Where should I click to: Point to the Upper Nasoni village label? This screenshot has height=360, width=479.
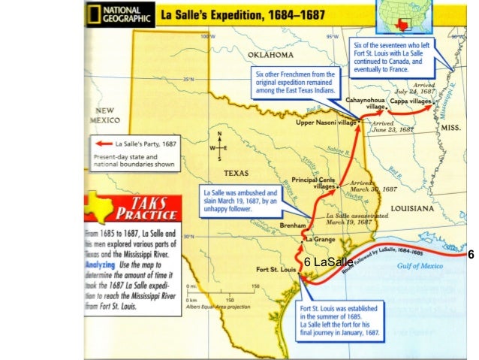point(327,123)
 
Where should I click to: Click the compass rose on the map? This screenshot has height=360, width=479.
point(219,148)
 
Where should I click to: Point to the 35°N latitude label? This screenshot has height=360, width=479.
point(181,78)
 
